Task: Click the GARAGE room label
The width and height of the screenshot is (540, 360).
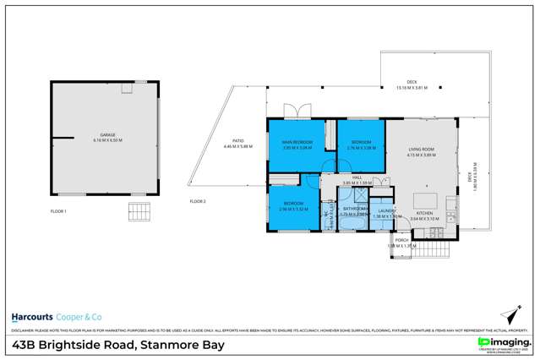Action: click(x=108, y=134)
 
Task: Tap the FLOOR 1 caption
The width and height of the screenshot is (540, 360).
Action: click(x=57, y=210)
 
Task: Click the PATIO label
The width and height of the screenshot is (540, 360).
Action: click(x=238, y=141)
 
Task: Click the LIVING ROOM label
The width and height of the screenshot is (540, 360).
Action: click(x=420, y=150)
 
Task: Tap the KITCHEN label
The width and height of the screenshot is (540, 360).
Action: click(x=425, y=215)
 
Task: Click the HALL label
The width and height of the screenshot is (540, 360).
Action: click(x=357, y=177)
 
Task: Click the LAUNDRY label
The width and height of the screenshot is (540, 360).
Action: click(x=386, y=211)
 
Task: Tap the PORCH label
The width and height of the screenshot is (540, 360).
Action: click(x=401, y=240)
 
